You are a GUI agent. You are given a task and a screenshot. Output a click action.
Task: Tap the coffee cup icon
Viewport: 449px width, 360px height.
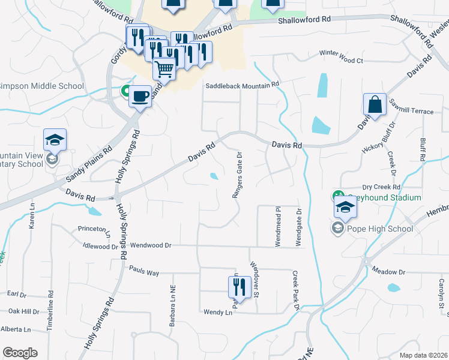tap(140, 96)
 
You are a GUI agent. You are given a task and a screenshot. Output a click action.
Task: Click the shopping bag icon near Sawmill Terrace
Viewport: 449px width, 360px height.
tap(375, 104)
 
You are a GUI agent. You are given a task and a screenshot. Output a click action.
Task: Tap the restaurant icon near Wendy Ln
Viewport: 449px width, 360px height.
tap(240, 287)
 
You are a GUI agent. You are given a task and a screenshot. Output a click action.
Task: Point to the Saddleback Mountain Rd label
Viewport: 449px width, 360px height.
tap(243, 86)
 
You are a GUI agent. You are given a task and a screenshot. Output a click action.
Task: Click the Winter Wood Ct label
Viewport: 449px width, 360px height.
tap(342, 61)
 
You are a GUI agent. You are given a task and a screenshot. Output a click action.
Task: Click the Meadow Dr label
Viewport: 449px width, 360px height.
tap(388, 272)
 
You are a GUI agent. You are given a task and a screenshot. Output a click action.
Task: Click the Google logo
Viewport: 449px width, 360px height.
tap(20, 353)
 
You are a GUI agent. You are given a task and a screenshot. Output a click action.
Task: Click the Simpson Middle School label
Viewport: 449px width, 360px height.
tap(41, 86)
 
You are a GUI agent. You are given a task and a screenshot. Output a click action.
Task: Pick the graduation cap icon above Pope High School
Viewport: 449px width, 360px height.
tap(346, 208)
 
